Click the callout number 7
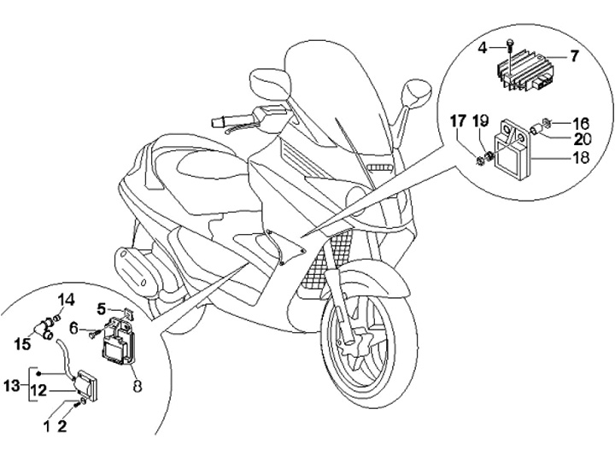tap(574, 56)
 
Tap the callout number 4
tap(483, 49)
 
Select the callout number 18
tap(581, 158)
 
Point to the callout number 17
tap(458, 121)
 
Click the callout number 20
tap(582, 139)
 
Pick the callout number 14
tap(67, 301)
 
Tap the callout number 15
tap(22, 344)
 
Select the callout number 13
tap(12, 386)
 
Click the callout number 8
tap(137, 386)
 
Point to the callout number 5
tap(102, 309)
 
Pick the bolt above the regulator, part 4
tap(509, 45)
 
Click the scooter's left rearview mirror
tap(270, 85)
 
